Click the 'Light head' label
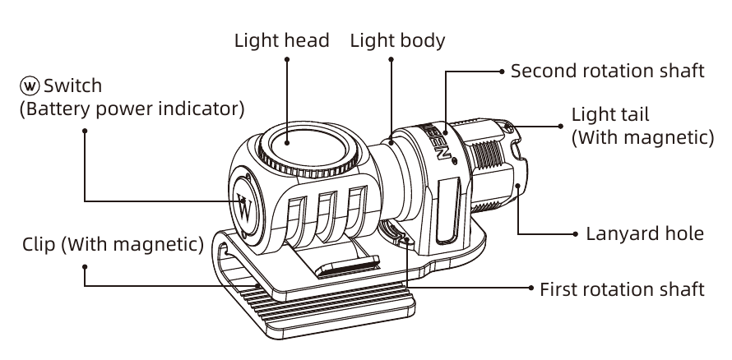tap(282, 40)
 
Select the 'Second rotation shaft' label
tap(607, 71)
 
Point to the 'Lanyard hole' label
tap(644, 233)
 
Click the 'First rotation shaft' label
tap(622, 288)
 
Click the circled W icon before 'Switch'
tap(30, 85)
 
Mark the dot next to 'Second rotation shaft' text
tap(500, 72)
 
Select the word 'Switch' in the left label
tap(72, 85)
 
